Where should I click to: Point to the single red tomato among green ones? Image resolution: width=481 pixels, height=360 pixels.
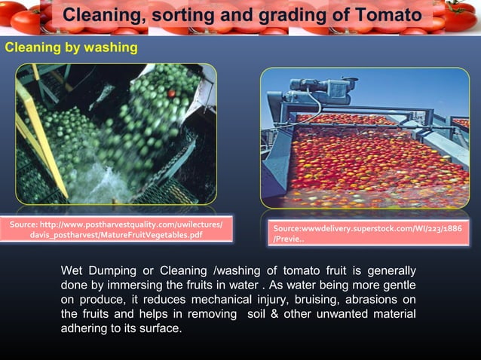[171, 93]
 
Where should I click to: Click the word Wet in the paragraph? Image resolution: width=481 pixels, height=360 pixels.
[72, 271]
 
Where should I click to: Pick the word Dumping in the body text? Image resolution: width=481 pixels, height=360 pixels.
[112, 271]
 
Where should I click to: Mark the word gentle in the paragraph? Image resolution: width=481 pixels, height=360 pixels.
[397, 285]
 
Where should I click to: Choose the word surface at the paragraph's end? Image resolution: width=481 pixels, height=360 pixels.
[161, 328]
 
